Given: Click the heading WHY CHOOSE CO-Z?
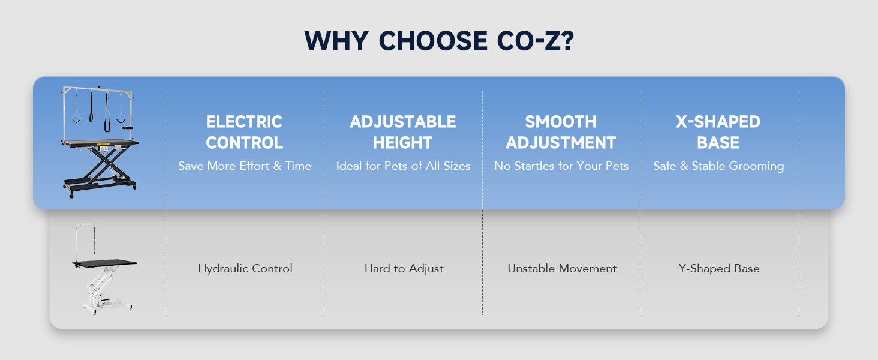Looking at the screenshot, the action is pos(439,41).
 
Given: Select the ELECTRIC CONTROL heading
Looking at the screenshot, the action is pos(244,132).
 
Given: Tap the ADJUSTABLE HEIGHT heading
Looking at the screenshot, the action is pos(402,132).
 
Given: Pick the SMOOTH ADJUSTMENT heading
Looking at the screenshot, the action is pos(561,132).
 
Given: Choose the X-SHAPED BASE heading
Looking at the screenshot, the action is pos(718,132).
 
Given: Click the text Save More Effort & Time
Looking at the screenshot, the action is pos(245,166).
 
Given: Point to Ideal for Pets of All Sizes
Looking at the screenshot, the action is pos(403,166).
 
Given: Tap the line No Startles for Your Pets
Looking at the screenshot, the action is pos(561,166).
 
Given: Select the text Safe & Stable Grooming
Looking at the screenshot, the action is pos(718,166).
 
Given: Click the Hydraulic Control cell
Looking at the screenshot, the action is pos(245,269).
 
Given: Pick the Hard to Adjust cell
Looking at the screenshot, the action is pos(404,269).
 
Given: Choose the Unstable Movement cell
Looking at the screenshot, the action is pos(562,269).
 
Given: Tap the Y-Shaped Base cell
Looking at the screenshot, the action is pos(719,269).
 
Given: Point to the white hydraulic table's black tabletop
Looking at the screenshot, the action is pos(105,263).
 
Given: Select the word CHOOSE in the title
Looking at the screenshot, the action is pos(433,41).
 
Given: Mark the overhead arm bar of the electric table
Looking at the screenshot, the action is pos(98,90).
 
